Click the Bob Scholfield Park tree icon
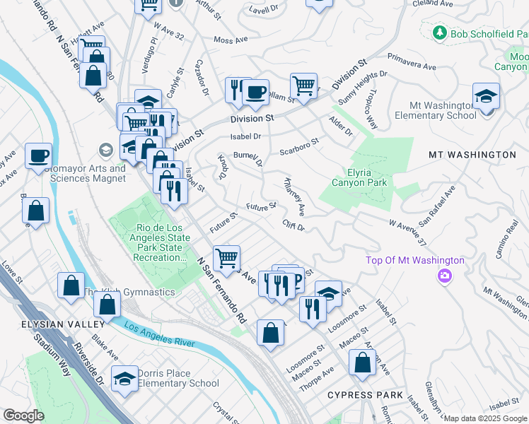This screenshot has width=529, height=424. point(439,33)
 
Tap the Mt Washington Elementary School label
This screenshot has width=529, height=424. point(435,110)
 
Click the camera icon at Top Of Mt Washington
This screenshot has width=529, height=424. point(445,276)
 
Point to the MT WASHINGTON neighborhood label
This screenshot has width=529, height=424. point(472,154)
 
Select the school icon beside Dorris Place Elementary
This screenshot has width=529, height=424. point(125,379)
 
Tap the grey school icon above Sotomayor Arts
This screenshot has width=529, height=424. point(105,151)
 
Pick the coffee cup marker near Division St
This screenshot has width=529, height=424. point(255,91)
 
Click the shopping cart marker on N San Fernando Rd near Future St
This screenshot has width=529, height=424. point(226,258)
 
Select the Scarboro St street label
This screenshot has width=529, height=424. point(299,146)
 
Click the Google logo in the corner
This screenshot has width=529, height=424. point(23,416)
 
